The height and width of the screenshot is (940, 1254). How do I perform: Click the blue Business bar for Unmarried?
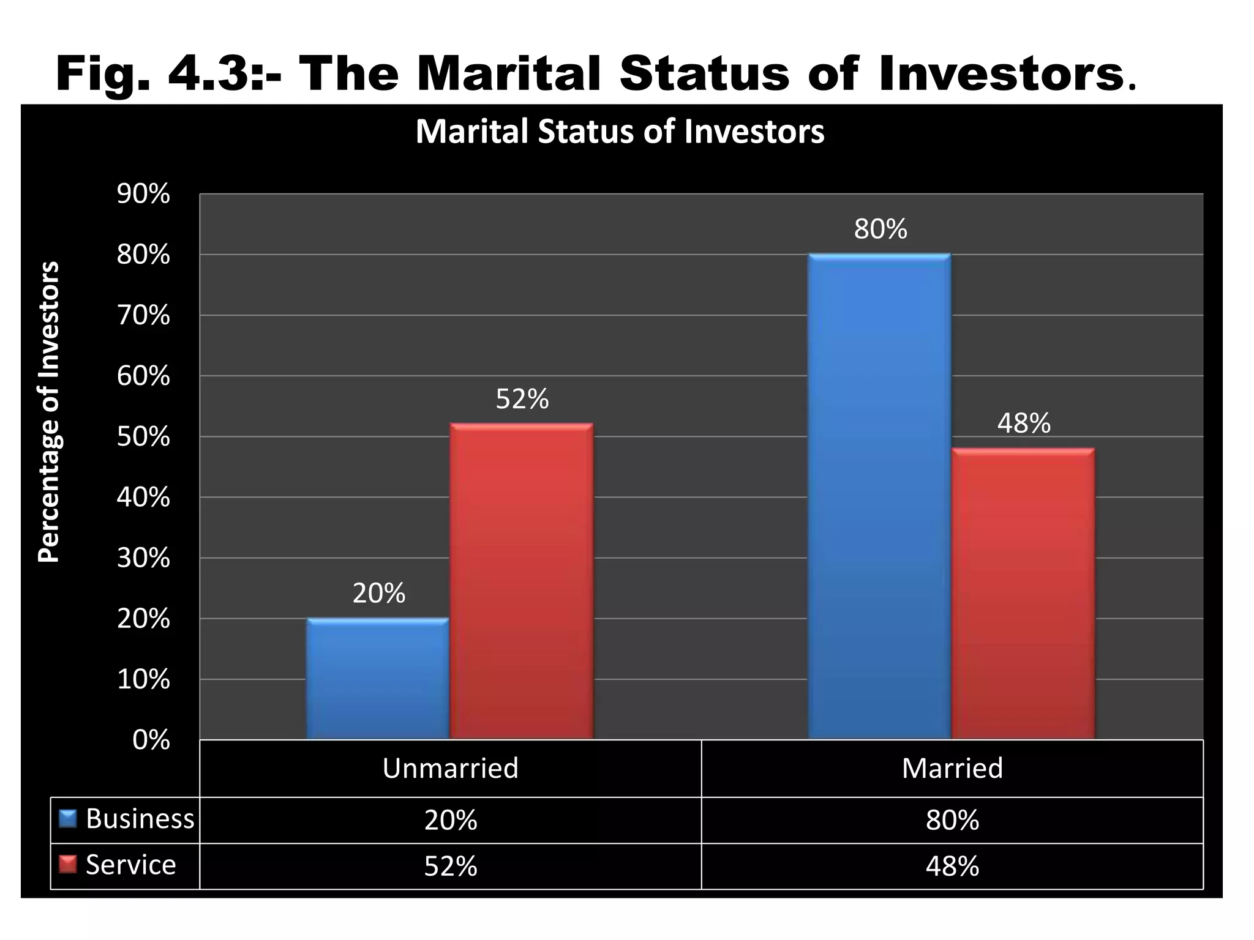[378, 679]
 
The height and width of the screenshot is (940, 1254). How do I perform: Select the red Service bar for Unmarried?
[522, 581]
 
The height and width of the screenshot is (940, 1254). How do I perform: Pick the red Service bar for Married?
[1023, 594]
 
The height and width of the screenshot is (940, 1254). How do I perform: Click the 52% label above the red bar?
[522, 399]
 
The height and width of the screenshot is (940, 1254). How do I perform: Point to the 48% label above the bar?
[1023, 423]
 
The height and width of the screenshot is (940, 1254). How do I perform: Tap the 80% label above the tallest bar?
[880, 229]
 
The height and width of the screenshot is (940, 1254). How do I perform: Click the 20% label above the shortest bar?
[378, 594]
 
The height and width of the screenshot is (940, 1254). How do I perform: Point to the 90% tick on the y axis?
[143, 195]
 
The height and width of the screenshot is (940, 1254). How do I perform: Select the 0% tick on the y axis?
[151, 740]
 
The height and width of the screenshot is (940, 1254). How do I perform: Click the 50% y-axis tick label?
[143, 437]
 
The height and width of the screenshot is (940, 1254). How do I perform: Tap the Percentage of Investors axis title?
[49, 411]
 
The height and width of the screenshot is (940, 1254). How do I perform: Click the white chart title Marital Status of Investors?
[620, 132]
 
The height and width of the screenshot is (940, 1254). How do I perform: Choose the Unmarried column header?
[450, 768]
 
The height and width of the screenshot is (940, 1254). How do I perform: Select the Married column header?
[952, 768]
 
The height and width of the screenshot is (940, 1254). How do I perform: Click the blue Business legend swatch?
[67, 819]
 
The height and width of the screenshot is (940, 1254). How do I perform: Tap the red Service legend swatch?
[67, 865]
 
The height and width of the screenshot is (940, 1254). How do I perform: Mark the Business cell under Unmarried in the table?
[450, 820]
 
